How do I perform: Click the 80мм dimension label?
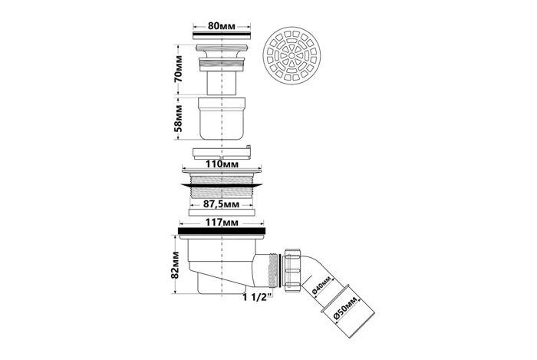click(222, 26)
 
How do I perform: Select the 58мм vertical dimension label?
click(178, 118)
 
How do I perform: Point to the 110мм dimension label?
click(222, 163)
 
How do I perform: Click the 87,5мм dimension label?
click(221, 204)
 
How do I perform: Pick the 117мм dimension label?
click(222, 223)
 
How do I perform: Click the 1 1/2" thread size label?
click(258, 296)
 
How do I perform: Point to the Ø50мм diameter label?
click(345, 309)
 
